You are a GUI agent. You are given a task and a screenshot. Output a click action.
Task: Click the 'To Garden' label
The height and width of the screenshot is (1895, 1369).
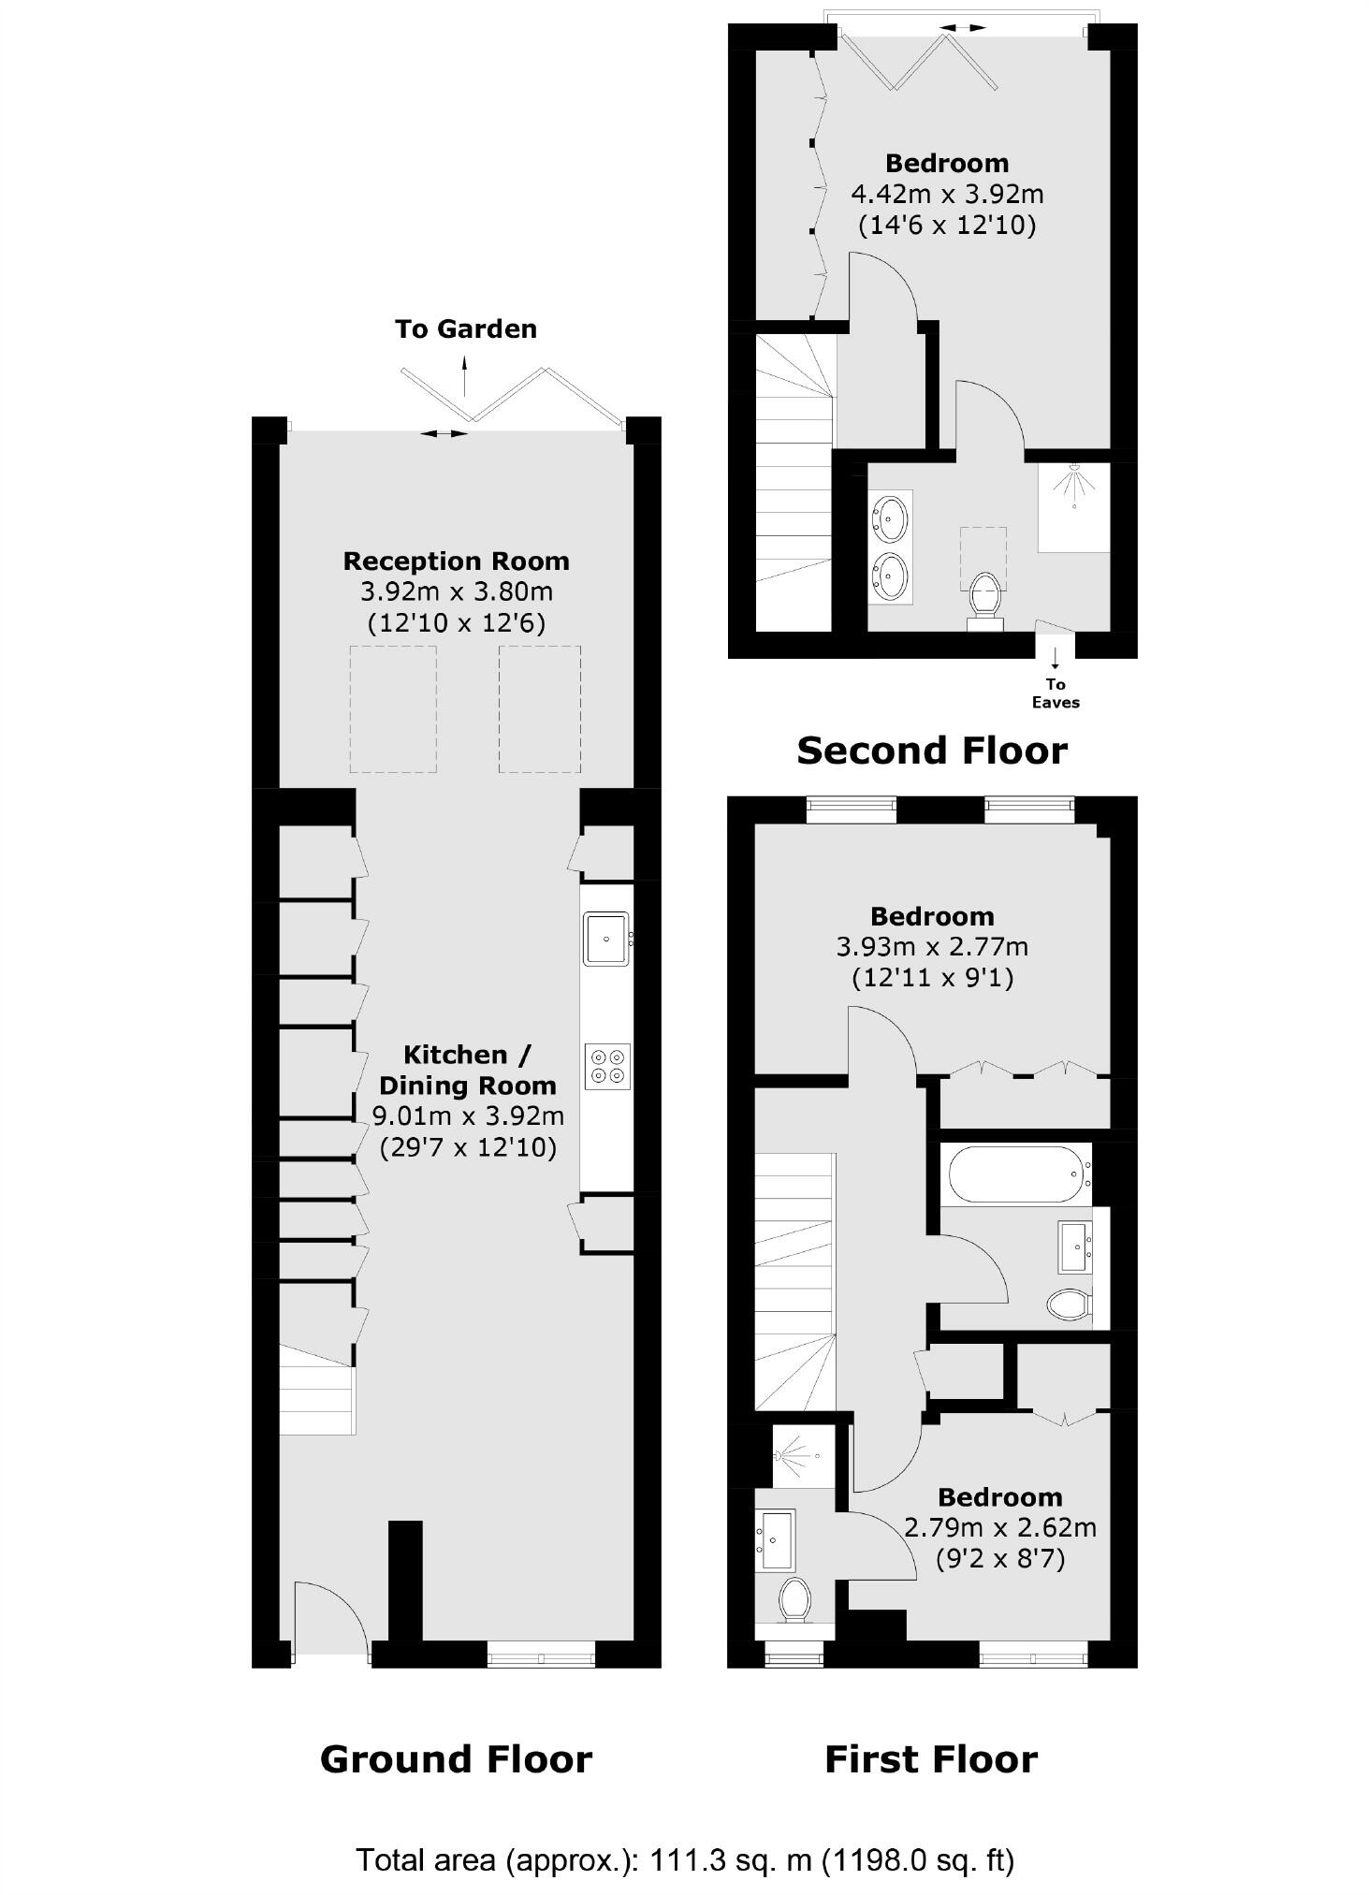point(465,329)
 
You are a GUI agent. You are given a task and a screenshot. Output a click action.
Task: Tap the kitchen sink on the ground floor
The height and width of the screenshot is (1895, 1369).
point(606,938)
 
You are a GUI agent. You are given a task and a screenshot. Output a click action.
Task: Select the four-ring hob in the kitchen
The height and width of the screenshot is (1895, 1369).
point(607,1066)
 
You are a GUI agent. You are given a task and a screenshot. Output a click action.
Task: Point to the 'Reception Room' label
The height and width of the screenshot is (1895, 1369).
point(456,561)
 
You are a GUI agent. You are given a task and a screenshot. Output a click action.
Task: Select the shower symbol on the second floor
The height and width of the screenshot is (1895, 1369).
point(1074,487)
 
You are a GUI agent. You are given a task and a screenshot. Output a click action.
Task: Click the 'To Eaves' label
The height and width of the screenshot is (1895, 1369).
point(1056,693)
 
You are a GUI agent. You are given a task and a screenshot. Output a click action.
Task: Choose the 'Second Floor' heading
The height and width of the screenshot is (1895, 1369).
point(931,751)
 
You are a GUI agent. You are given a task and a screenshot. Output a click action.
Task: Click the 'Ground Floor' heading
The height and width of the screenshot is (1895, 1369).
point(456,1759)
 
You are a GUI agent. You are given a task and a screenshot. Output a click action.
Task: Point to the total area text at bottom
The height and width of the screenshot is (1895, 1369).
point(684,1858)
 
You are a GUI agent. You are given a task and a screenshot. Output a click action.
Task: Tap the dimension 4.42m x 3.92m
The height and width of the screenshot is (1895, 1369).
point(946,195)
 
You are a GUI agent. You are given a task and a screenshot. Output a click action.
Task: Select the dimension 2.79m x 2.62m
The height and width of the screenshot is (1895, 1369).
point(999,1528)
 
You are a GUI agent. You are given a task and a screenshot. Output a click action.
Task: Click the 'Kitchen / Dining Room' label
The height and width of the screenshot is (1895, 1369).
point(467,1070)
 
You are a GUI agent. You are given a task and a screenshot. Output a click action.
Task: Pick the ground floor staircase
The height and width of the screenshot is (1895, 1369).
point(317,1390)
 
